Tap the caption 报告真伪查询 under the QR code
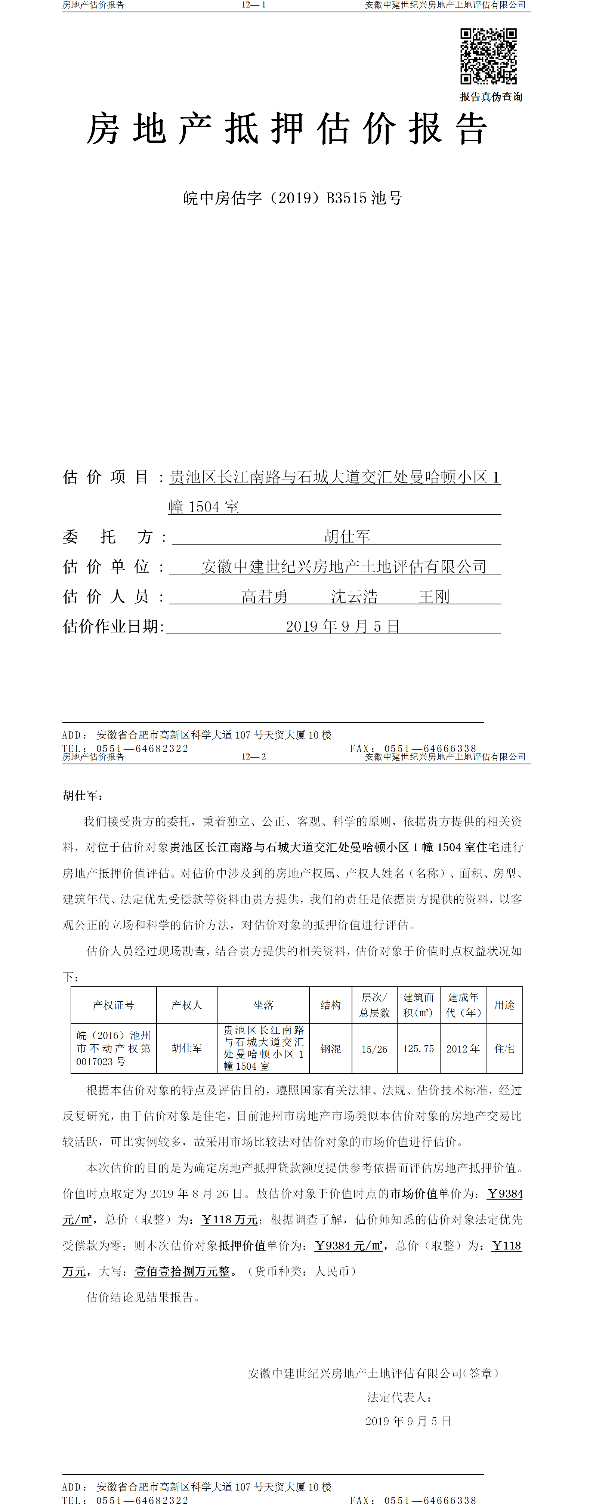(491, 97)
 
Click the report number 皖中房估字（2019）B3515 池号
(293, 198)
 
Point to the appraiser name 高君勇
(265, 596)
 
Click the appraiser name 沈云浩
(354, 596)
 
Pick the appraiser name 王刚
(434, 596)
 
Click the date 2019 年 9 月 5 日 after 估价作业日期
(343, 626)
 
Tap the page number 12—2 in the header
(254, 756)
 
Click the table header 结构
(330, 1005)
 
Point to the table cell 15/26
(374, 1049)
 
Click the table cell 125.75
(419, 1049)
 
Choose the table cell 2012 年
(463, 1049)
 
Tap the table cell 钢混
(330, 1049)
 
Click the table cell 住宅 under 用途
(504, 1049)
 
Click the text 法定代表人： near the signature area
(400, 1397)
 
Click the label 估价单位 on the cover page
(106, 566)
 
